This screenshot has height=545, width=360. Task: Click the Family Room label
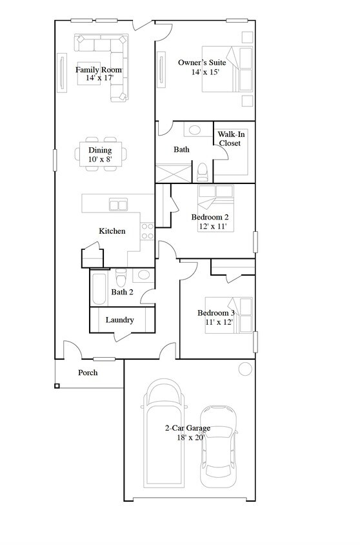click(99, 70)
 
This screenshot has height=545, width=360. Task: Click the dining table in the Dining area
click(100, 154)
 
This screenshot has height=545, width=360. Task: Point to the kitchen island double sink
click(118, 205)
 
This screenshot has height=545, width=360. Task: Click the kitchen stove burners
click(148, 231)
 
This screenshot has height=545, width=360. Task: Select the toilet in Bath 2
click(120, 278)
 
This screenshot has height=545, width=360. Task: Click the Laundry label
click(119, 320)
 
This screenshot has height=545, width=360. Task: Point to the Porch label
click(88, 373)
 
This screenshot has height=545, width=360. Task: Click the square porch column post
click(57, 386)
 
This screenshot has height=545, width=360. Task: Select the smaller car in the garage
click(217, 446)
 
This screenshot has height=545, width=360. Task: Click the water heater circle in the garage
click(245, 369)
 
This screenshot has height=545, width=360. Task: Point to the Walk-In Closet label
click(230, 138)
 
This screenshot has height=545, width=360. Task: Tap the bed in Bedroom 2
click(217, 208)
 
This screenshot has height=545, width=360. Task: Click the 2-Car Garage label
click(187, 428)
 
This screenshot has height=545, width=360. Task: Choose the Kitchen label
click(112, 231)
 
